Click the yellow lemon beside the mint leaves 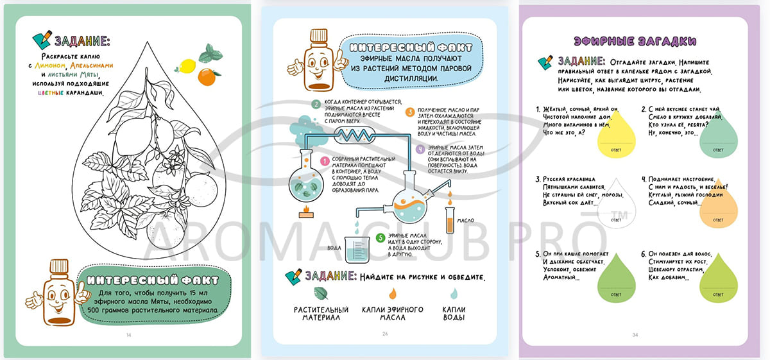tap(187, 65)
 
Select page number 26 tap(385, 334)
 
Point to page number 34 tap(635, 334)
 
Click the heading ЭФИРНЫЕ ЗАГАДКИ tap(635, 41)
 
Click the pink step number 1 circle tap(325, 162)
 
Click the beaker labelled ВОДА tap(357, 251)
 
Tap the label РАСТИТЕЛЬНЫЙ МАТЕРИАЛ tap(321, 314)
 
